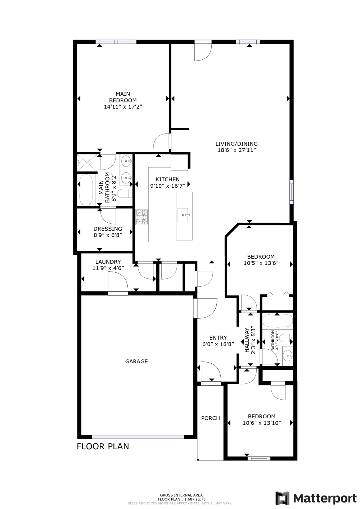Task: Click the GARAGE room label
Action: pyautogui.click(x=136, y=361)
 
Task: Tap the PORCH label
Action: pyautogui.click(x=210, y=418)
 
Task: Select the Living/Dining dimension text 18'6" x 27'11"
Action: pyautogui.click(x=237, y=150)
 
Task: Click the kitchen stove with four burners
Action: pyautogui.click(x=142, y=217)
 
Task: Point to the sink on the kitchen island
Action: pyautogui.click(x=184, y=215)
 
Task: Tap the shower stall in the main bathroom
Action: pyautogui.click(x=87, y=162)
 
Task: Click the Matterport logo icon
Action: pyautogui.click(x=283, y=498)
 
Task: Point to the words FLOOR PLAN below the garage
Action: pyautogui.click(x=103, y=446)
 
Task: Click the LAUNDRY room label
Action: pyautogui.click(x=108, y=262)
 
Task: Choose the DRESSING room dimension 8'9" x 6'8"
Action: pyautogui.click(x=108, y=235)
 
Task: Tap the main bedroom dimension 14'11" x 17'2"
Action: pyautogui.click(x=123, y=107)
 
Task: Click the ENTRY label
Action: pyautogui.click(x=218, y=337)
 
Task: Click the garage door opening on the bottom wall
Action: pyautogui.click(x=138, y=437)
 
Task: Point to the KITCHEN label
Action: pyautogui.click(x=167, y=179)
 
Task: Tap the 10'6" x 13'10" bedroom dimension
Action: pyautogui.click(x=262, y=423)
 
